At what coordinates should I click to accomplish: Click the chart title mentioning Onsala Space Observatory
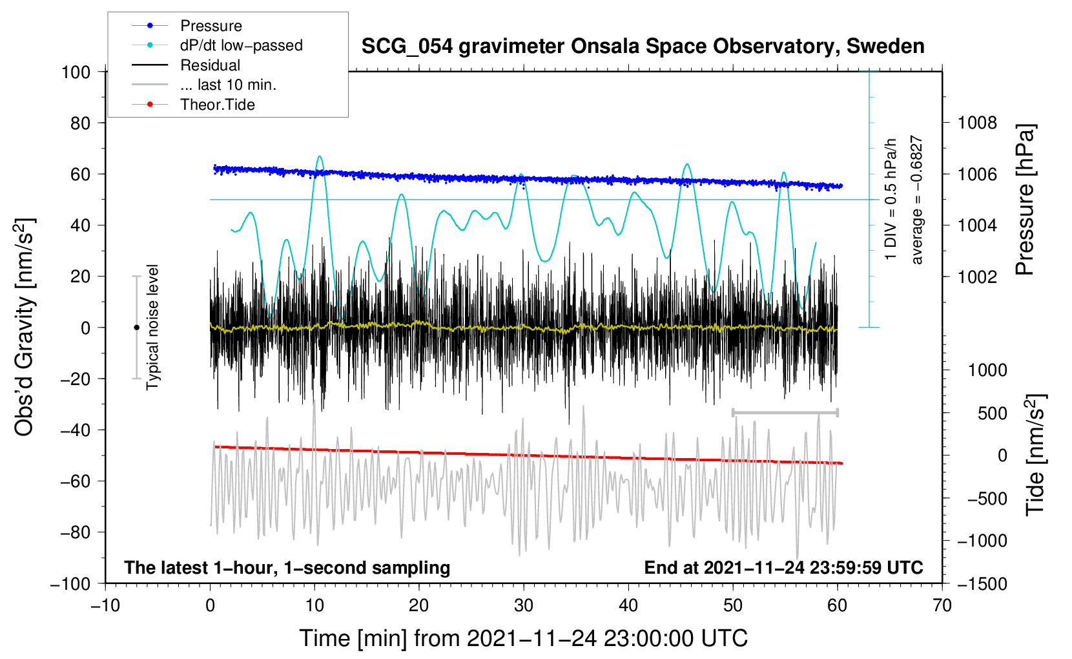click(643, 47)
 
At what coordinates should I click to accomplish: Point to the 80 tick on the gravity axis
click(80, 123)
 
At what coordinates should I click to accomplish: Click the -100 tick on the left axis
click(70, 584)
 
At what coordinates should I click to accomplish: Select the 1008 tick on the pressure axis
click(977, 123)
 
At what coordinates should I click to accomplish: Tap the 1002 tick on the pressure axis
click(977, 277)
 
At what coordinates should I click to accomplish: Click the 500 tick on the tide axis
click(993, 413)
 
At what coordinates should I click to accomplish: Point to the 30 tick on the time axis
click(524, 605)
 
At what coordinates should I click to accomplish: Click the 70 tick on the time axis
click(942, 605)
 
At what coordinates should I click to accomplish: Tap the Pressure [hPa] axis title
click(1025, 200)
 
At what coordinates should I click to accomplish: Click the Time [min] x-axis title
click(524, 638)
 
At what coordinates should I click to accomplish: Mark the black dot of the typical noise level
click(136, 328)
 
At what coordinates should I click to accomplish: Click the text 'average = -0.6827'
click(916, 200)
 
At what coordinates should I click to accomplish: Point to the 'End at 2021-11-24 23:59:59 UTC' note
click(783, 567)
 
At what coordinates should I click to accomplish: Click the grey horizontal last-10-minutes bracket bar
click(785, 413)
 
